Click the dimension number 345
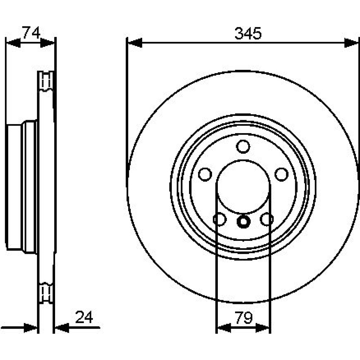[248, 33]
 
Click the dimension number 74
[31, 32]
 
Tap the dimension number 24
[84, 317]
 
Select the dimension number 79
[244, 318]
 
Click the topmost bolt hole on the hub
[243, 147]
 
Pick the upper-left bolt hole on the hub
[205, 174]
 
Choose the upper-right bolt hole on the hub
[282, 174]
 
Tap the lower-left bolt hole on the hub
[220, 219]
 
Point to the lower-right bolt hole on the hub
[267, 219]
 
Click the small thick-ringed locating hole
[243, 221]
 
